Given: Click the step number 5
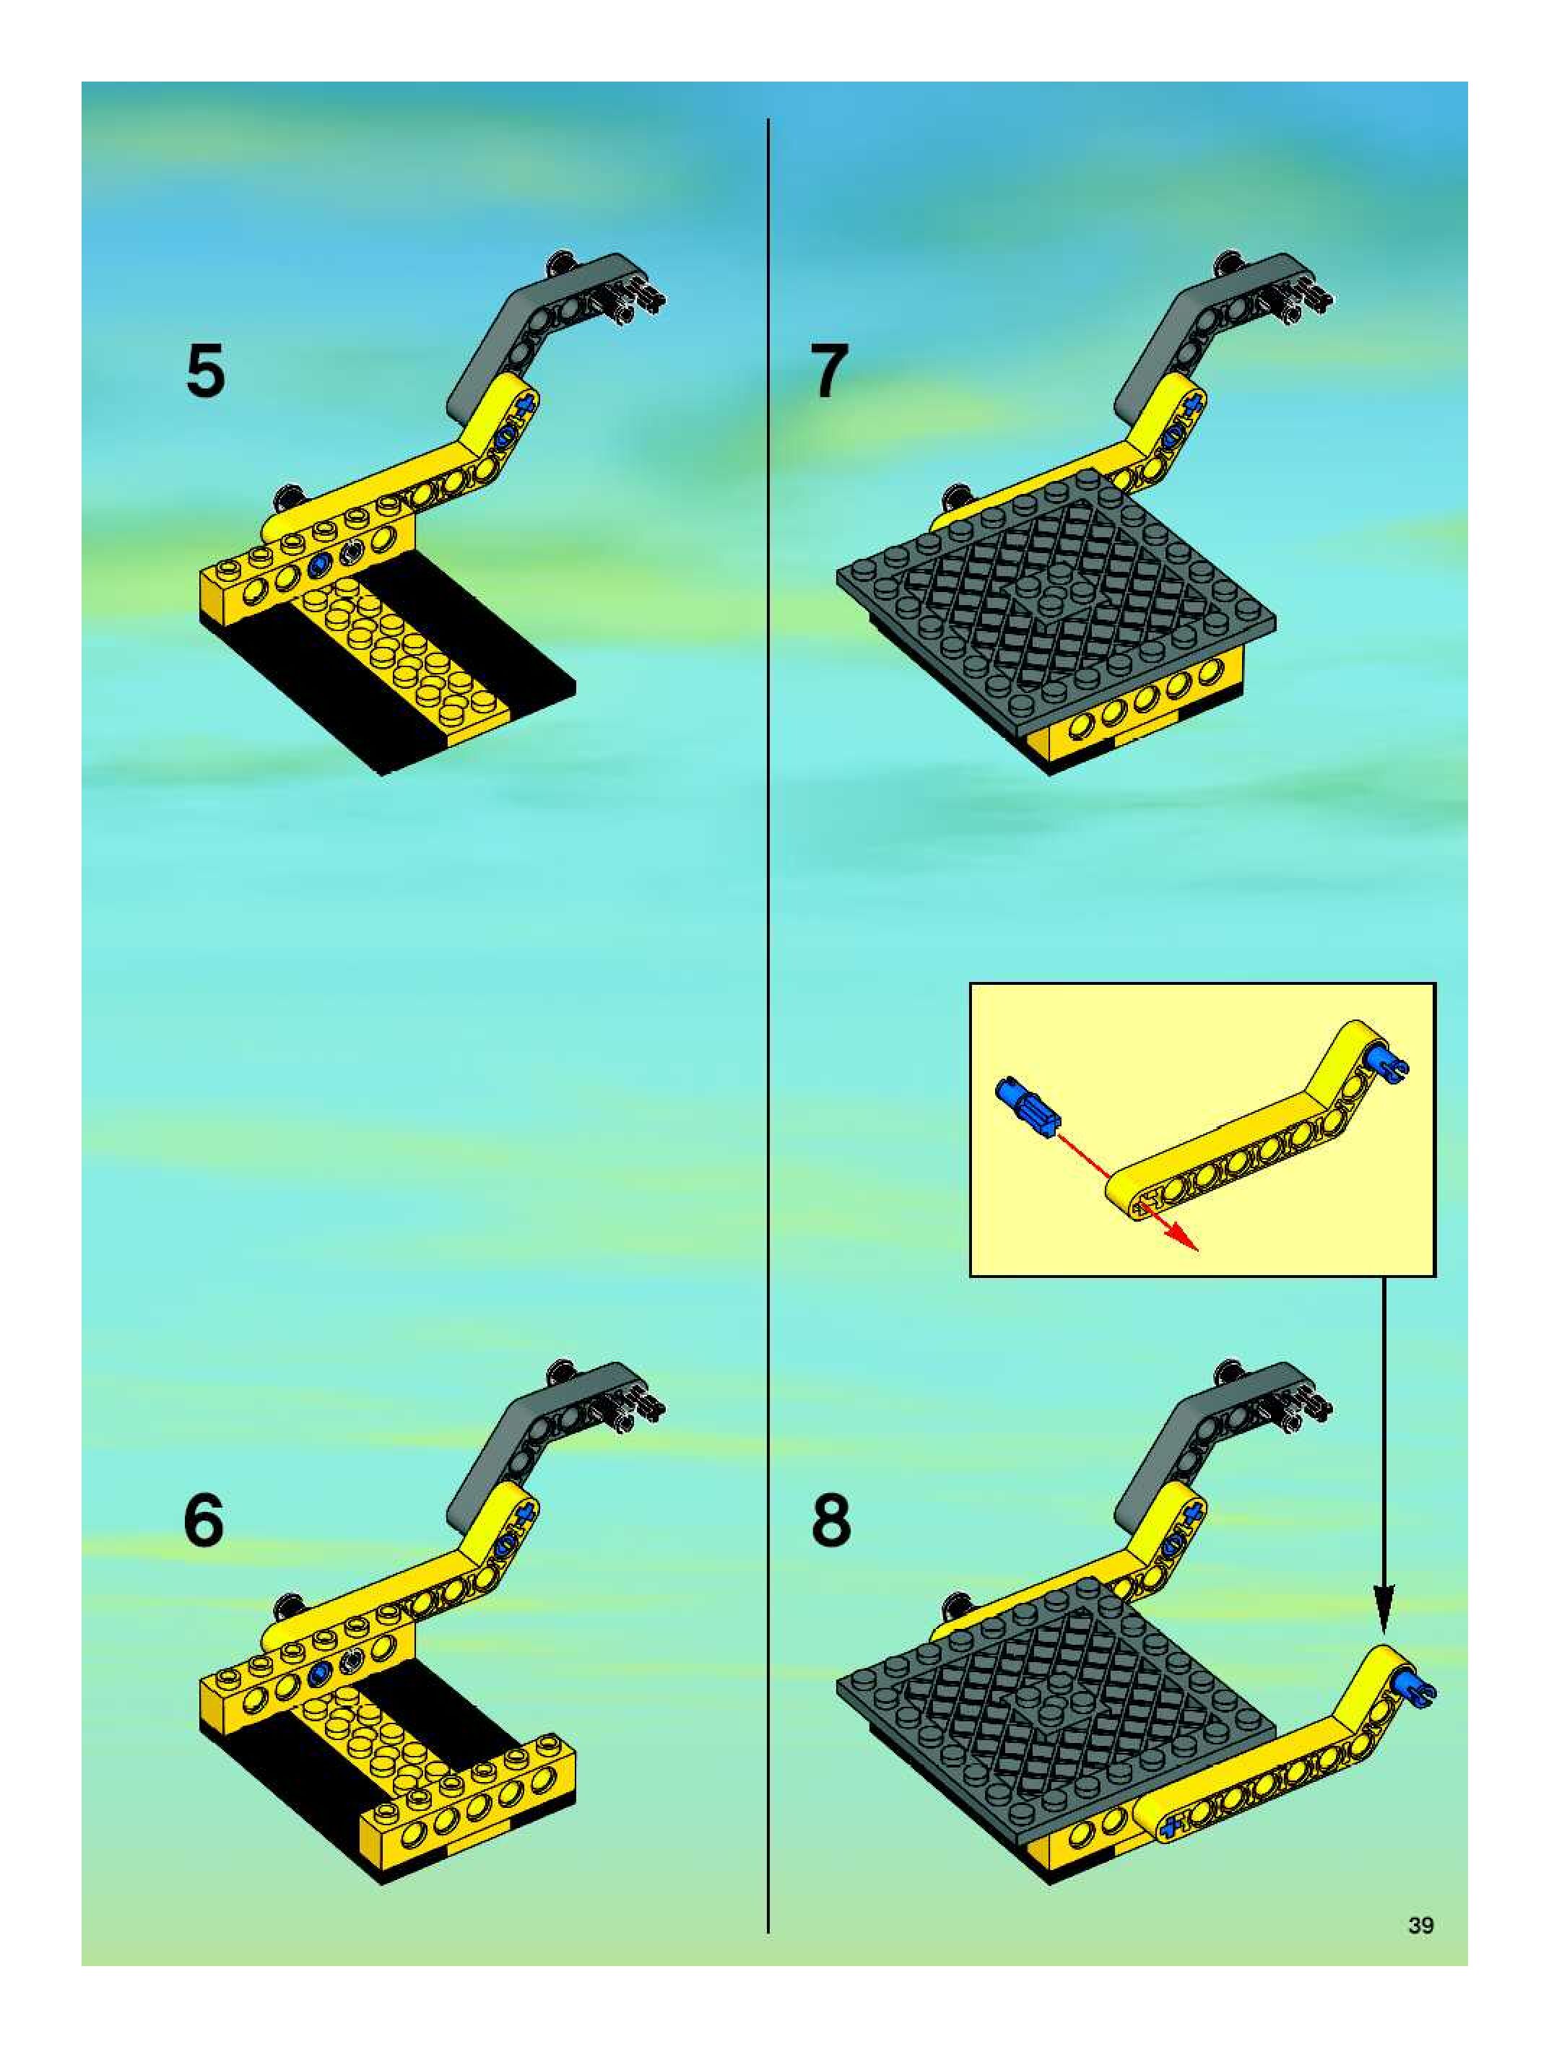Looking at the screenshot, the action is coord(206,371).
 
